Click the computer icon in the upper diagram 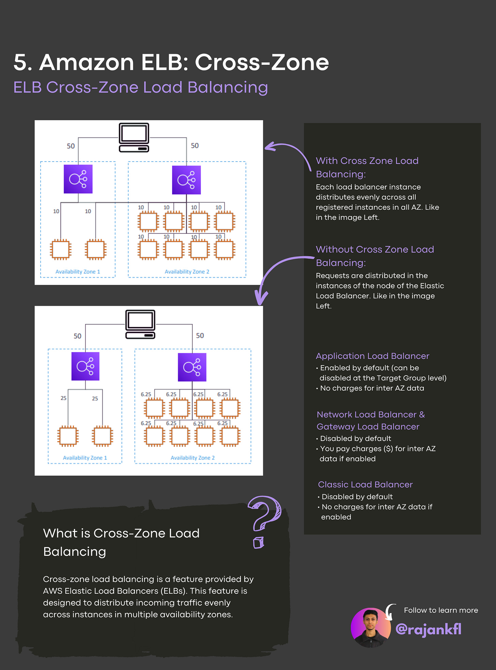[134, 137]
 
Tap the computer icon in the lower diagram [140, 324]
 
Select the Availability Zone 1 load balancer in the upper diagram [78, 179]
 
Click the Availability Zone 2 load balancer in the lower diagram [192, 367]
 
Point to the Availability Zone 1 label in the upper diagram [78, 272]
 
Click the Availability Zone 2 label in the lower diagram [192, 458]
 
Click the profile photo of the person [371, 627]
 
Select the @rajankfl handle [428, 629]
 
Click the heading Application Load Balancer [372, 356]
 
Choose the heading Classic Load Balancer [365, 484]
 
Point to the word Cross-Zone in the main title [262, 62]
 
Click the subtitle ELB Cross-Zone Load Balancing [140, 87]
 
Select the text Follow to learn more [441, 610]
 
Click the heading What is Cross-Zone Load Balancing [121, 542]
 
